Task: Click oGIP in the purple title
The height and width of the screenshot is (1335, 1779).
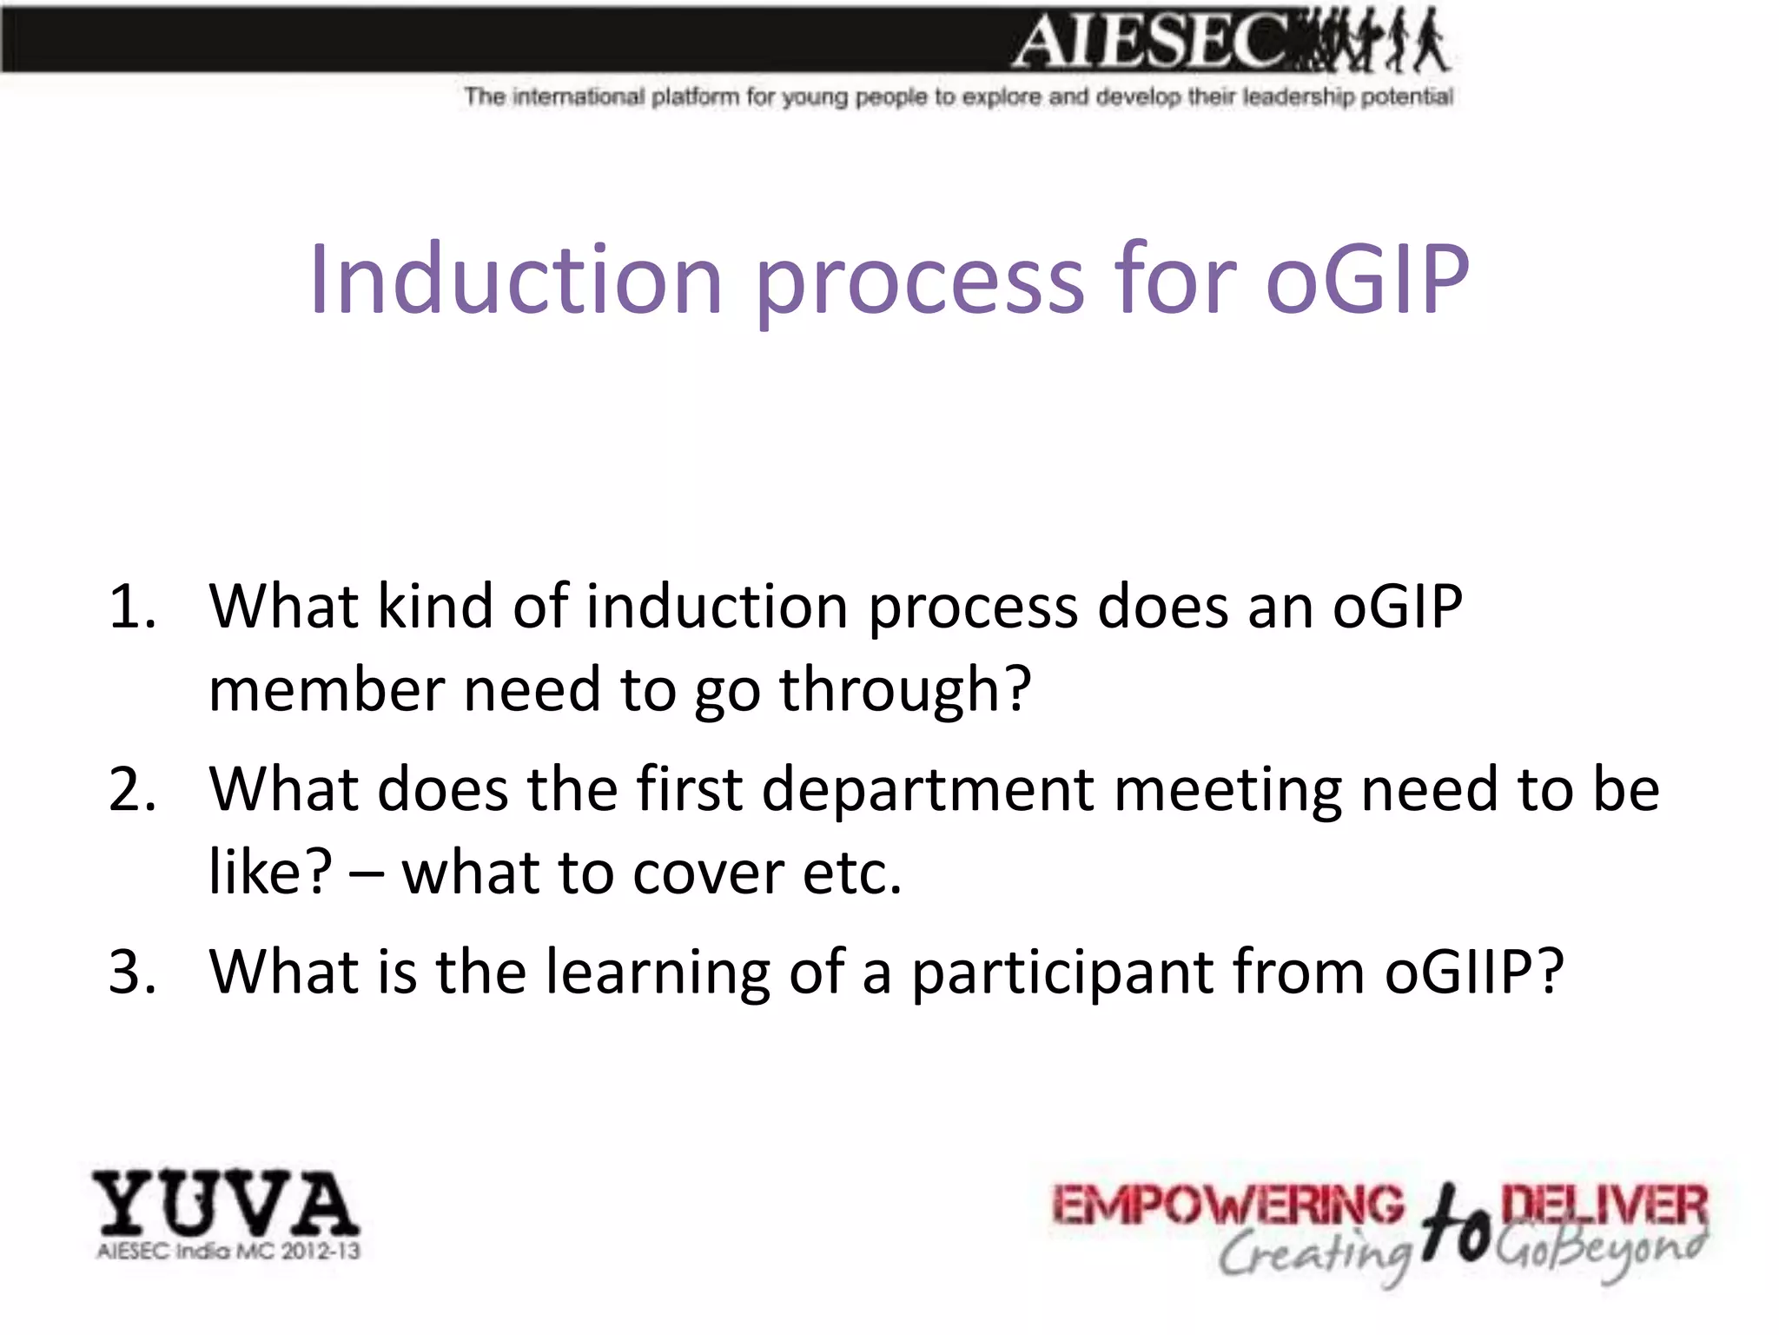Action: tap(1367, 280)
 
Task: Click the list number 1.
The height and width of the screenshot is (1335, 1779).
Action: tap(132, 607)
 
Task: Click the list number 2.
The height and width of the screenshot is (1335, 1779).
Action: tap(132, 789)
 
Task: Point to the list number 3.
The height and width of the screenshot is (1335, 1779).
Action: tap(132, 972)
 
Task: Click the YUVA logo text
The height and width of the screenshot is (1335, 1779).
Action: tap(226, 1204)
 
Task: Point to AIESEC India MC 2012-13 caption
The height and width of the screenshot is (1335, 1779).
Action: tap(228, 1252)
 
